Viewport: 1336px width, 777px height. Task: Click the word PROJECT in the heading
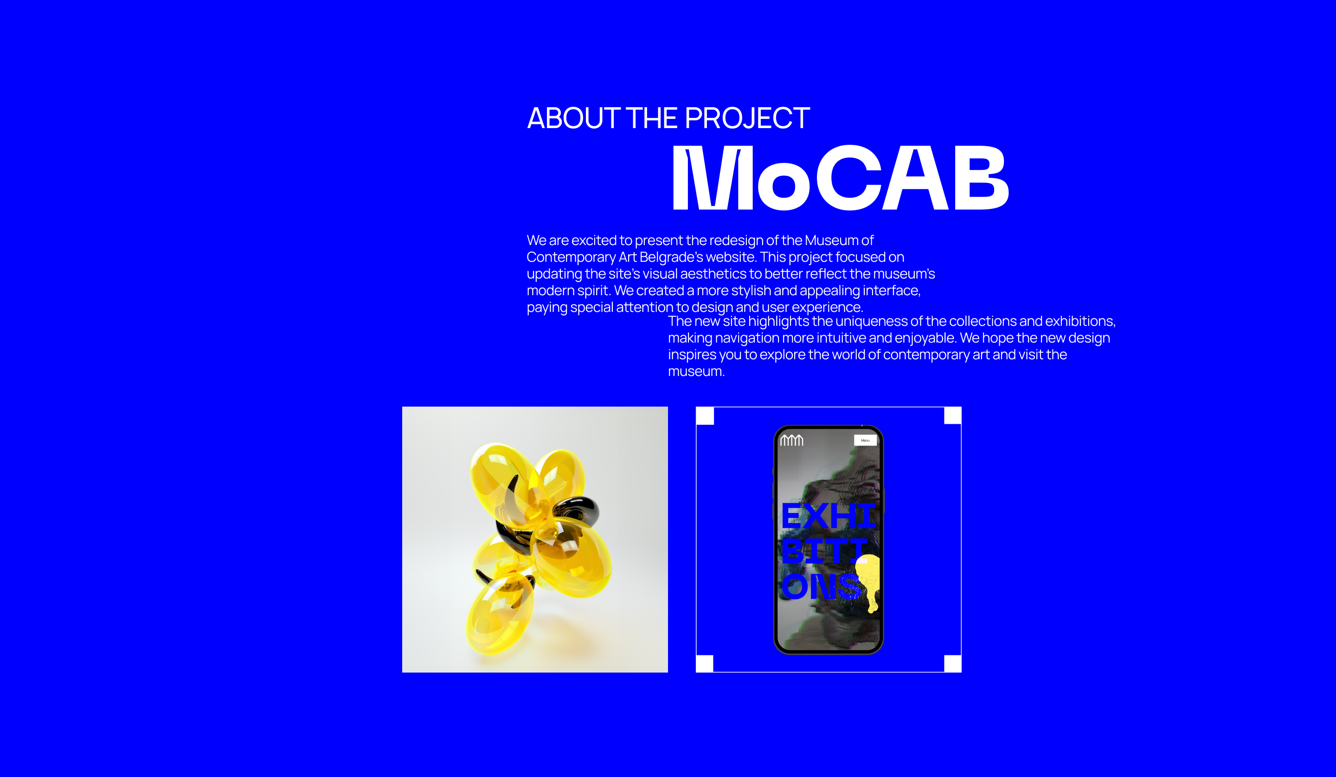coord(747,118)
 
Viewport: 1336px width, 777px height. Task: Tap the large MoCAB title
coord(840,178)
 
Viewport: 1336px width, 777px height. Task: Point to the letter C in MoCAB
coord(849,178)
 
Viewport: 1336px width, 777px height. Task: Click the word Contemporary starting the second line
coord(571,258)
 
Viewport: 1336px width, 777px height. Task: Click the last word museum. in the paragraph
coord(696,371)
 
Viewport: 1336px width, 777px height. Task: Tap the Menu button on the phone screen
coord(865,440)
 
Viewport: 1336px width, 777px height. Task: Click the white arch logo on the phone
coord(791,440)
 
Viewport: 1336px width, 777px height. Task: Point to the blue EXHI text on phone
coord(829,516)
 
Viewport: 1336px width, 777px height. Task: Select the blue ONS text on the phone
coord(821,586)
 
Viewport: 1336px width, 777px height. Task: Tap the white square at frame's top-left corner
coord(705,416)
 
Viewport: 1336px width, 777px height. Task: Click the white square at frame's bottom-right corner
coord(953,663)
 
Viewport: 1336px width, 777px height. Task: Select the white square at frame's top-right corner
coord(953,416)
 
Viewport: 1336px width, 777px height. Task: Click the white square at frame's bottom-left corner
coord(705,663)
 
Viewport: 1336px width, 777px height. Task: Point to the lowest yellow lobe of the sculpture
coord(498,615)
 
